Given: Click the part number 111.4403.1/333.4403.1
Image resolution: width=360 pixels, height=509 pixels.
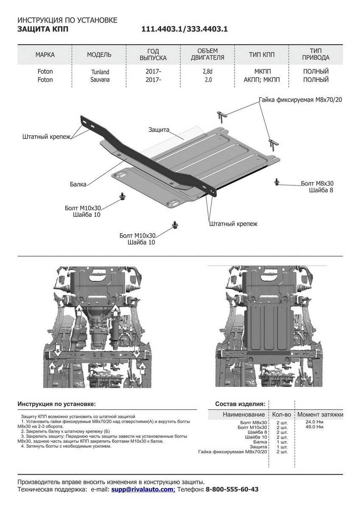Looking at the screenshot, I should pyautogui.click(x=185, y=29).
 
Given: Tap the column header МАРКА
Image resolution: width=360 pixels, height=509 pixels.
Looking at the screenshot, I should pyautogui.click(x=45, y=55).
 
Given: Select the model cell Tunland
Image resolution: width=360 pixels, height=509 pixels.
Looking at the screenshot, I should pyautogui.click(x=99, y=72).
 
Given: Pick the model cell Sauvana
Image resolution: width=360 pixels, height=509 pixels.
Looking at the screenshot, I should pyautogui.click(x=99, y=79).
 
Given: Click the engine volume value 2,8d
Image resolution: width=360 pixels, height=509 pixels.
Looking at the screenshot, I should pyautogui.click(x=207, y=72).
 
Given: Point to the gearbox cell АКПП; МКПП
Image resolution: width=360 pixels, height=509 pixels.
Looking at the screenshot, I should pyautogui.click(x=262, y=79).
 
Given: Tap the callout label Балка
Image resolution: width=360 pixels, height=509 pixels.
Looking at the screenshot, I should pyautogui.click(x=78, y=184).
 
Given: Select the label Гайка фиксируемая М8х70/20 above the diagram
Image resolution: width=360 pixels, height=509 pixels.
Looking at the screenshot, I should pyautogui.click(x=300, y=100).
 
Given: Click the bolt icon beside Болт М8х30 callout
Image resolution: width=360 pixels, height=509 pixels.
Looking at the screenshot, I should pyautogui.click(x=277, y=182).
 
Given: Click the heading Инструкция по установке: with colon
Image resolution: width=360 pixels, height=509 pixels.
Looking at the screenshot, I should pyautogui.click(x=56, y=404).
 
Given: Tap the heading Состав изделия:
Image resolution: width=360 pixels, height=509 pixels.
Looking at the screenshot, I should pyautogui.click(x=240, y=404).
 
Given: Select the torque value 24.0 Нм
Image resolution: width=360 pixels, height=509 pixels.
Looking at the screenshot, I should pyautogui.click(x=314, y=422).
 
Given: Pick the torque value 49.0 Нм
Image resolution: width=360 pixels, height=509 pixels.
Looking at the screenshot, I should pyautogui.click(x=314, y=427).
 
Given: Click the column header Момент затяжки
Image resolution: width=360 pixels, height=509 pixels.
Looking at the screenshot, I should pyautogui.click(x=320, y=414).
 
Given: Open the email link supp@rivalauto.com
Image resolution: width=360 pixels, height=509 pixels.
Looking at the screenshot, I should pyautogui.click(x=143, y=489).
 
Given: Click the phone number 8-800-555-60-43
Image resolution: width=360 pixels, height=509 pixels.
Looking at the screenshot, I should pyautogui.click(x=232, y=489).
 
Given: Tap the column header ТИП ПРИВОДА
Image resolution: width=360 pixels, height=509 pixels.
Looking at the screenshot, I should pyautogui.click(x=316, y=54).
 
